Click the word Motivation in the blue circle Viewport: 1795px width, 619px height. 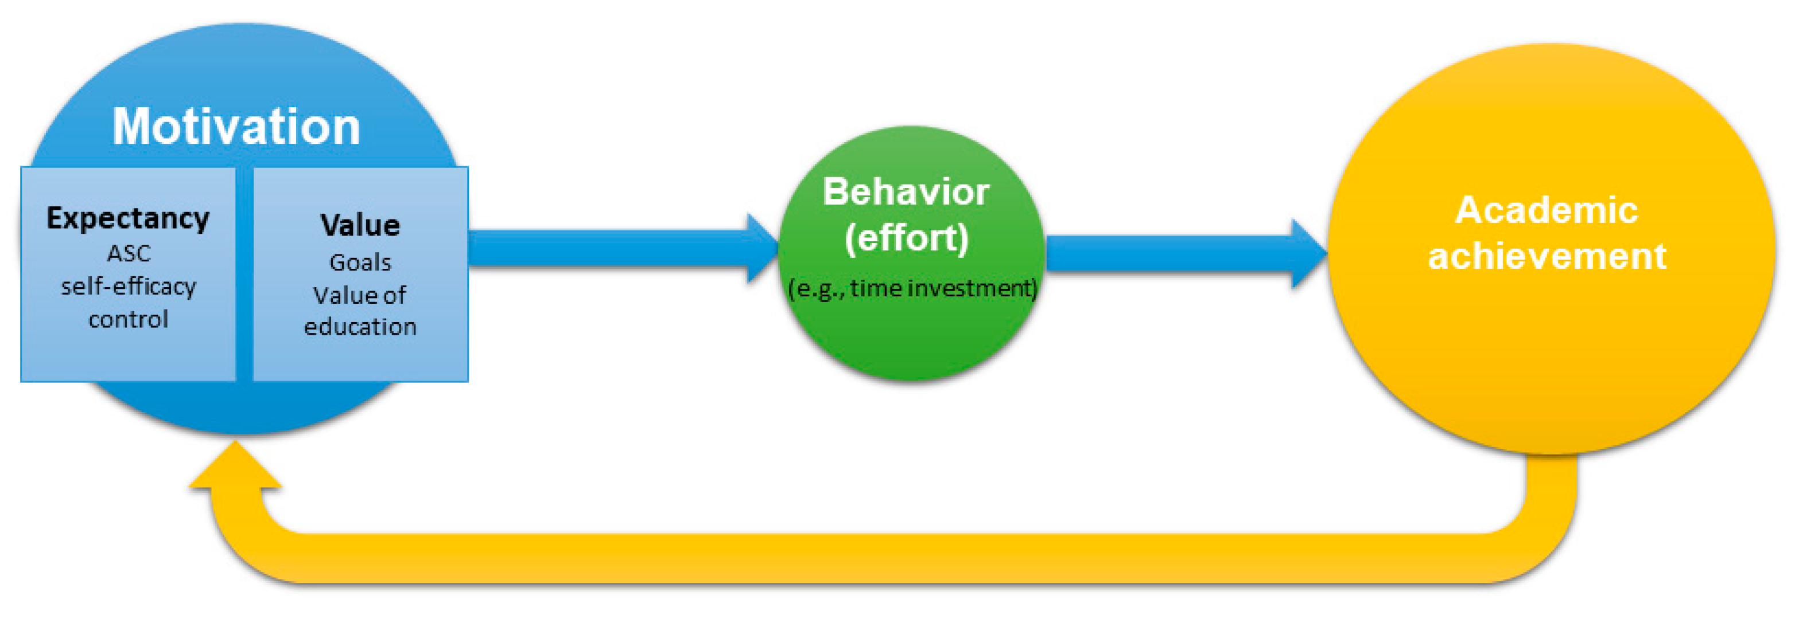[236, 127]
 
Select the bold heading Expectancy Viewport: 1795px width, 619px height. [128, 218]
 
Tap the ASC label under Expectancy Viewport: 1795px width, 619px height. [128, 253]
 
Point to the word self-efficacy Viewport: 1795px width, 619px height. [128, 286]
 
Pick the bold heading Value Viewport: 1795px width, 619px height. [360, 226]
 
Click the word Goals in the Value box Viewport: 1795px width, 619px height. [360, 263]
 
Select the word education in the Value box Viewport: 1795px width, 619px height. [360, 327]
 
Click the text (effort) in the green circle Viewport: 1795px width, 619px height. [906, 238]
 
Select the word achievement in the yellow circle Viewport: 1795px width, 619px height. [1547, 256]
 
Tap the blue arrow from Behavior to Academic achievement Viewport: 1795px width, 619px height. [1171, 253]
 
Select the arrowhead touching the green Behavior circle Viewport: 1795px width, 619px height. [763, 248]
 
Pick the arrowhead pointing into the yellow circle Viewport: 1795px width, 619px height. [1308, 253]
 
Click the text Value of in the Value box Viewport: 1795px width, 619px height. [360, 295]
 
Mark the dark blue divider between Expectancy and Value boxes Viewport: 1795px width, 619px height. [244, 275]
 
